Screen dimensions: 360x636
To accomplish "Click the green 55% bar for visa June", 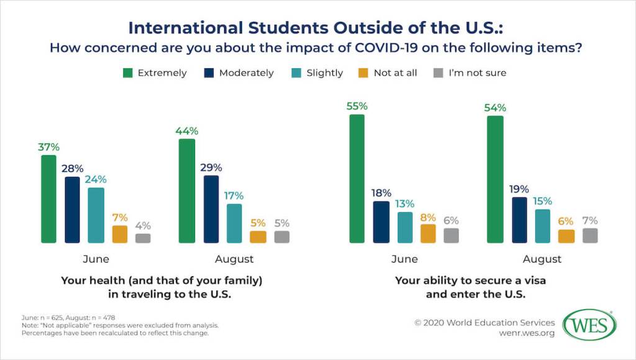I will [357, 178].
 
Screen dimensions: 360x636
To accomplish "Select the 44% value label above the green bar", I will [187, 131].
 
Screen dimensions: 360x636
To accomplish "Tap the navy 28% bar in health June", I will [73, 209].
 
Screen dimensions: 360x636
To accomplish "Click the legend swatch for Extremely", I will [127, 73].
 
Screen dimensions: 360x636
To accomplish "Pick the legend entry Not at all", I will [395, 73].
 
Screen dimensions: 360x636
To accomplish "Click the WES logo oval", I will [589, 325].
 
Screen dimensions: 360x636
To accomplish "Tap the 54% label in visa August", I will [495, 107].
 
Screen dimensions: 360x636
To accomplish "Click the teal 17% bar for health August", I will [234, 223].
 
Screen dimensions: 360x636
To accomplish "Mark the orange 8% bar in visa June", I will [428, 233].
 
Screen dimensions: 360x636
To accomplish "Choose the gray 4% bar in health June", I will [143, 238].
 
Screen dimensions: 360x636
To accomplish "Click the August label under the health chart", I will [234, 259].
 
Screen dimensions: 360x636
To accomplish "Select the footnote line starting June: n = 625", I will [68, 317].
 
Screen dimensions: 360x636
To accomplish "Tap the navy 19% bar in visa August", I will [519, 220].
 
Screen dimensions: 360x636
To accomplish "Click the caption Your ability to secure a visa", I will [470, 281].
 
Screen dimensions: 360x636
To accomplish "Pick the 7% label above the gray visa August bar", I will [590, 220].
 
